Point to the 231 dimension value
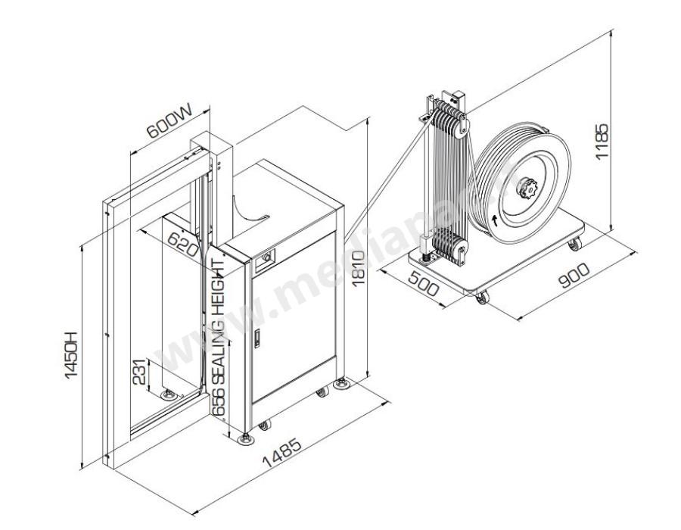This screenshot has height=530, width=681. [x=140, y=373]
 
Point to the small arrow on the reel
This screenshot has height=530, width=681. [x=495, y=220]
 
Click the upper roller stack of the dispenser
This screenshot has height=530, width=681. [x=448, y=121]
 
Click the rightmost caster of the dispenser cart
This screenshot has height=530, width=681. [x=574, y=243]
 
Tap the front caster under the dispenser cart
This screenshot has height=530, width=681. [x=480, y=299]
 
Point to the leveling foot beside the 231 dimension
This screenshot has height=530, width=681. [x=167, y=394]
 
